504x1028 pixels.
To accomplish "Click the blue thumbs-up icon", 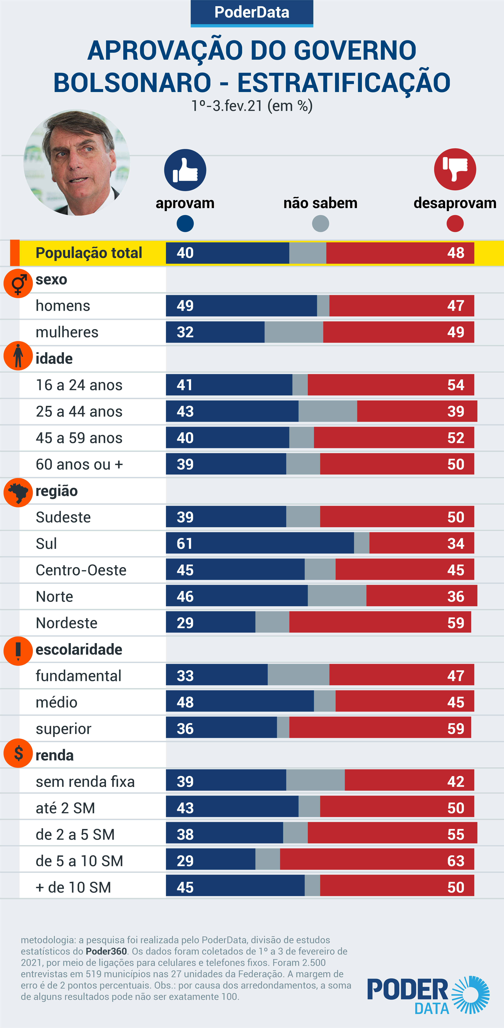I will pos(185,170).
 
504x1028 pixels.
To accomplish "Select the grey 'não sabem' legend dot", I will pos(320,223).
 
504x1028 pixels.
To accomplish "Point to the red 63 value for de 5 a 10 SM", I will pos(456,861).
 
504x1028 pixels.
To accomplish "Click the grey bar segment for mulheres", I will pos(294,332).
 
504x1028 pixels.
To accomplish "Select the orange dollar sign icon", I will pos(18,753).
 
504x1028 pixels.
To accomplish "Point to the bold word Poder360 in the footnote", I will pos(106,951).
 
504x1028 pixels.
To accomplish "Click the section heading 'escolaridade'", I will pos(79,649).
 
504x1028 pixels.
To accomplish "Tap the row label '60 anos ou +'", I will pos(79,464).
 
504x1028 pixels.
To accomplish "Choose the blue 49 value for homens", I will pos(185,306).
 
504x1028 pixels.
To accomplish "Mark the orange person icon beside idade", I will pos(18,356).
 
